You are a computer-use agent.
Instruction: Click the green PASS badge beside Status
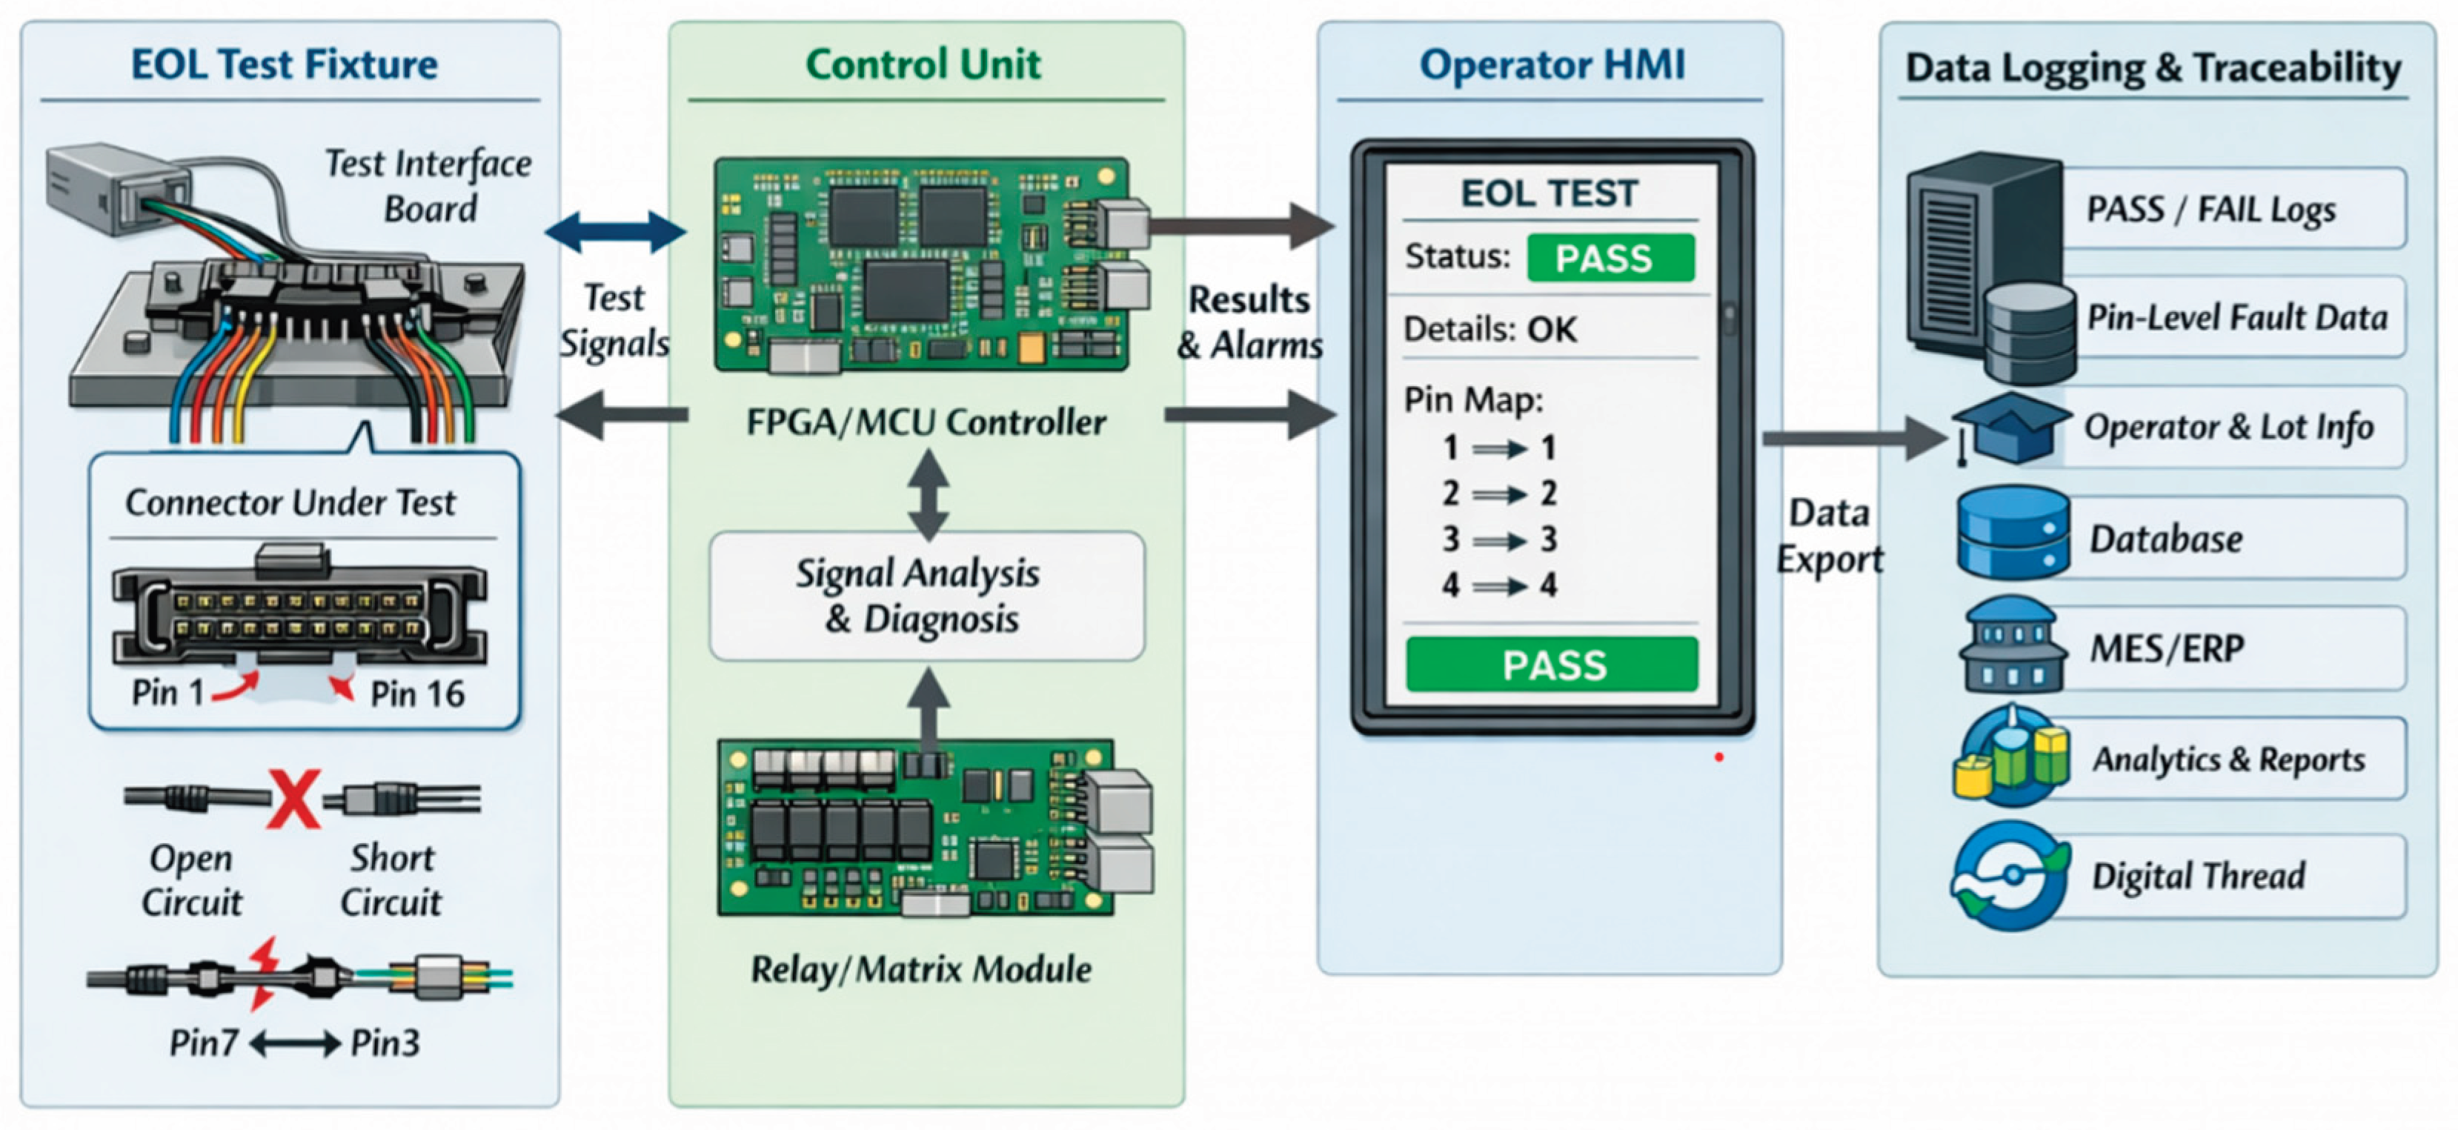pos(1611,258)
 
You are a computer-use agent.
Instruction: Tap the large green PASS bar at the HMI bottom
pos(1552,664)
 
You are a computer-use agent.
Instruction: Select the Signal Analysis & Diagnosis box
pos(926,596)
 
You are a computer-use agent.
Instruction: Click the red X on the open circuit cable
pos(294,798)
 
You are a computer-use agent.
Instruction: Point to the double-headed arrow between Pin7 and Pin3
pos(295,1043)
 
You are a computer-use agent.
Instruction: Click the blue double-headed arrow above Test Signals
pos(616,231)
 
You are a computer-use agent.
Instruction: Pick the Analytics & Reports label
pos(2229,760)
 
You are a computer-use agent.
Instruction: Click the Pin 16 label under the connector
pos(417,694)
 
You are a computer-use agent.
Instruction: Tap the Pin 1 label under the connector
pos(168,692)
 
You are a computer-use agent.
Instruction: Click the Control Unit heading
pos(923,65)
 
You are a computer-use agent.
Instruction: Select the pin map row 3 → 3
pos(1499,540)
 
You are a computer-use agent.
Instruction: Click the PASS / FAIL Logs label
pos(2210,209)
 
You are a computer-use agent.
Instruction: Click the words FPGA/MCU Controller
pos(926,422)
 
